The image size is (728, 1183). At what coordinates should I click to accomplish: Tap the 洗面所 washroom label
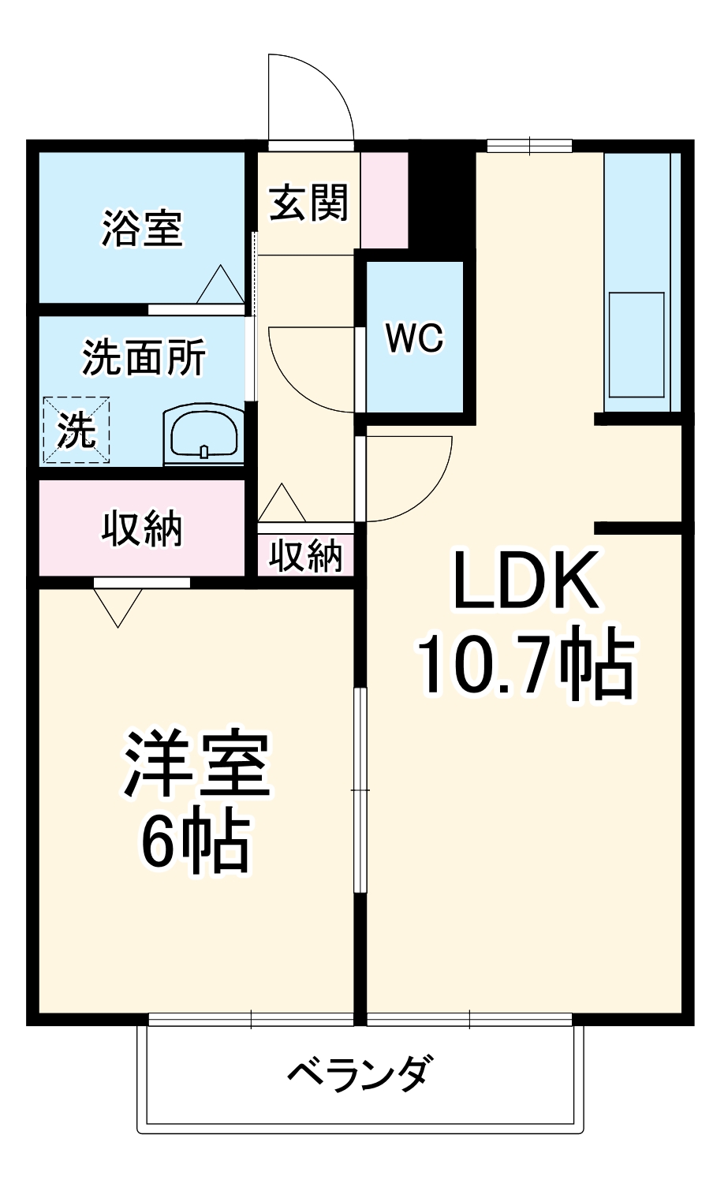coord(144,357)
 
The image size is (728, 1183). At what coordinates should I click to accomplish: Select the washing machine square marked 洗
coord(76,430)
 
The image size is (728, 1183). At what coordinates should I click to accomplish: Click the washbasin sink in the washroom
coord(203,434)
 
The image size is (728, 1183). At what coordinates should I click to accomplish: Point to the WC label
coord(415,338)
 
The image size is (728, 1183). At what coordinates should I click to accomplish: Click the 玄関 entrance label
coord(308,203)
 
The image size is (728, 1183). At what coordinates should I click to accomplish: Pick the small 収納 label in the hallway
coord(306,556)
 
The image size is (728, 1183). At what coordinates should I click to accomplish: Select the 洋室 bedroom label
coord(196,765)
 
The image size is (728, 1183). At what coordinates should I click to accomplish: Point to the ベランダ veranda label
coord(360,1073)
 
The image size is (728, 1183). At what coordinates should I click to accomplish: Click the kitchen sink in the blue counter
coord(636,345)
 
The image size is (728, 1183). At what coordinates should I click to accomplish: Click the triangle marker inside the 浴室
coord(220,285)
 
